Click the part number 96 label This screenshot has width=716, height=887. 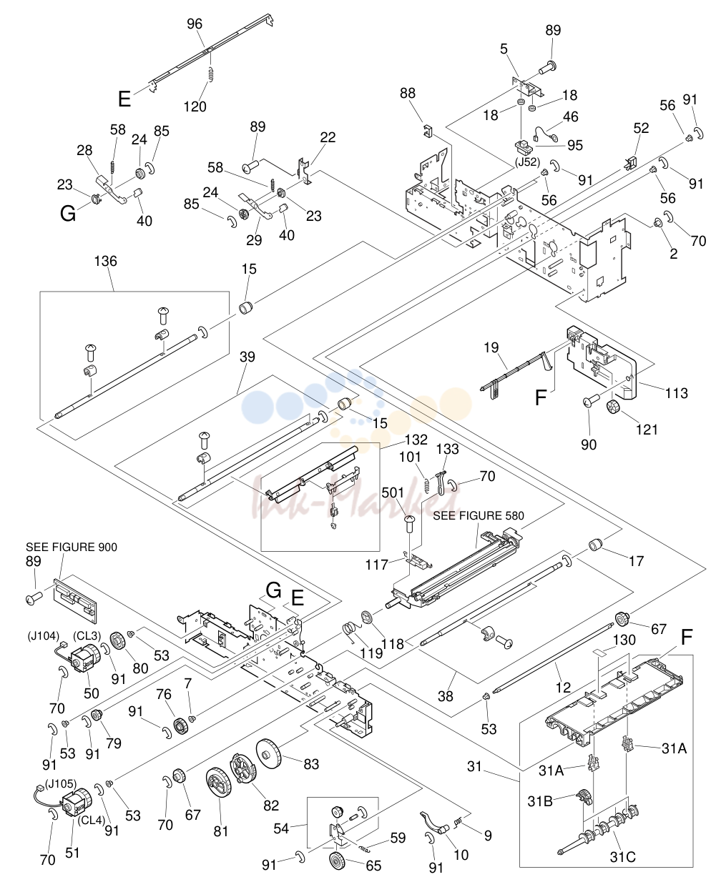[x=195, y=24]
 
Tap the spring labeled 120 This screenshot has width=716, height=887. [x=211, y=74]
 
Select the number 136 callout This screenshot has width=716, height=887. [x=106, y=261]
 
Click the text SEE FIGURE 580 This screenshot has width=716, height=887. [x=479, y=515]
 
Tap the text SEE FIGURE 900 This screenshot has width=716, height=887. [x=72, y=547]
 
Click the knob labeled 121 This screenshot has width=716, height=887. [x=613, y=407]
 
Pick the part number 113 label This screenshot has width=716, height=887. [x=677, y=393]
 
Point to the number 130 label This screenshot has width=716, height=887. [x=624, y=640]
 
